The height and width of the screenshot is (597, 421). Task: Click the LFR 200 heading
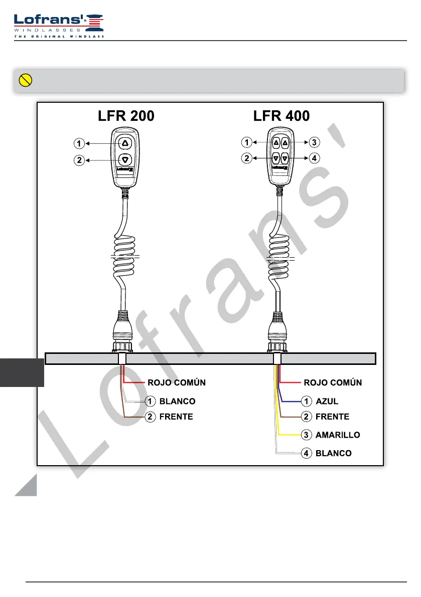125,116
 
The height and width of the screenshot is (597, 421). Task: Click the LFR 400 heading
282,116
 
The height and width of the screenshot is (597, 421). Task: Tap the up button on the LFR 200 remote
125,143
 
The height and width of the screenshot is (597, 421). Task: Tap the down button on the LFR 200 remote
125,160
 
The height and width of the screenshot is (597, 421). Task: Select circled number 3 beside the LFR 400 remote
314,142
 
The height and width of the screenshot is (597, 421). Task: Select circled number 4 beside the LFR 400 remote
314,158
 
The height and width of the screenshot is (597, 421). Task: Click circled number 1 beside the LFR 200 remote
79,144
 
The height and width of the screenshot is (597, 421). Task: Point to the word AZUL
327,402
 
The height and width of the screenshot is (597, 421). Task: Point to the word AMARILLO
338,435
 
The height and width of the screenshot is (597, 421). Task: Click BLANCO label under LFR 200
177,402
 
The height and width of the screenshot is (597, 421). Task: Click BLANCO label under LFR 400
333,453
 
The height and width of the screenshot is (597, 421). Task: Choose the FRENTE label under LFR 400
332,417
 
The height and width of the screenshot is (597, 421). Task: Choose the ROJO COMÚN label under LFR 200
177,382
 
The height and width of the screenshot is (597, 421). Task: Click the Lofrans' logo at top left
59,25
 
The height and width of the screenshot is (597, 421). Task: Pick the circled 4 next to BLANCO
306,453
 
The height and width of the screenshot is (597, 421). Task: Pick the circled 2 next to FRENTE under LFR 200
150,417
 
